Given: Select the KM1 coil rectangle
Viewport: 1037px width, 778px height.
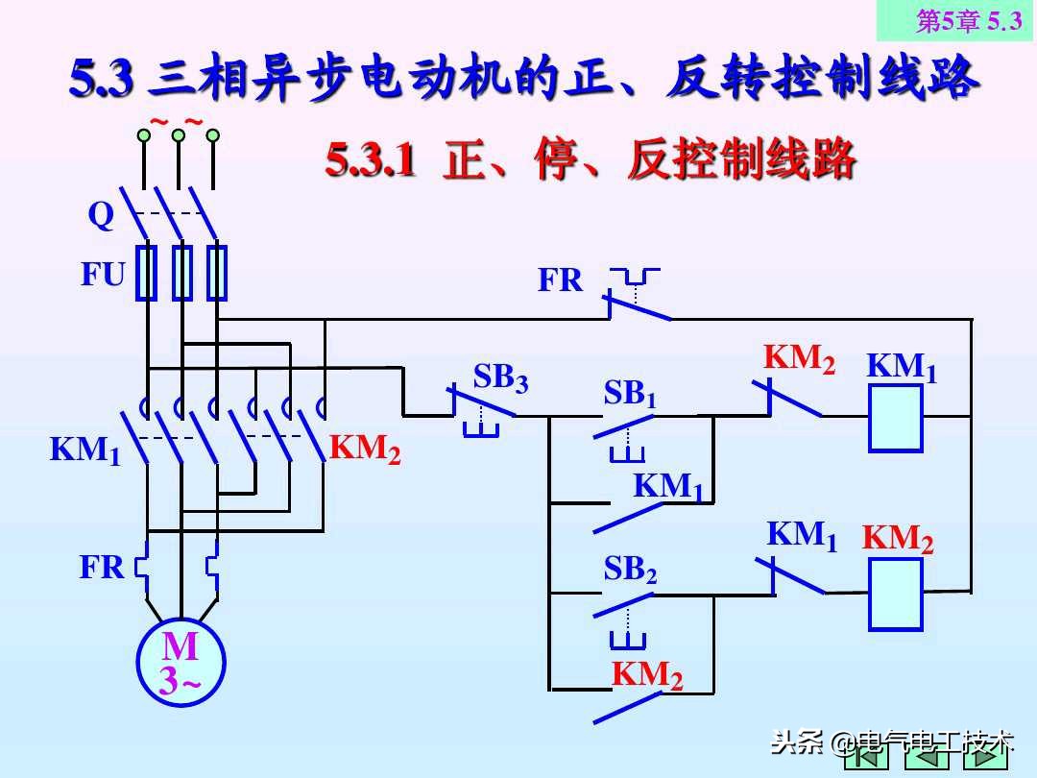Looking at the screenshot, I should coord(895,418).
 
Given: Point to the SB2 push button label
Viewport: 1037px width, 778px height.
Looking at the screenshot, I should coord(630,571).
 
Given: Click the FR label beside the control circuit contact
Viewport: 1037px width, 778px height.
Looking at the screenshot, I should coord(560,280).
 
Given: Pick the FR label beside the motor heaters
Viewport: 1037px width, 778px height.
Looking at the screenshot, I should coord(102,568).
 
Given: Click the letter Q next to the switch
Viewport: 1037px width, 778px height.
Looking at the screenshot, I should coord(101,216).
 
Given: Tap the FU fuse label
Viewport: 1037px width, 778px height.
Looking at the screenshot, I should coord(103,276).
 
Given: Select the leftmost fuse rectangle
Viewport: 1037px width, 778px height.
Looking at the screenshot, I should coord(146,273).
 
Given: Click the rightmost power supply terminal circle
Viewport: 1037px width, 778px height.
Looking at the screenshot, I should coord(212,135).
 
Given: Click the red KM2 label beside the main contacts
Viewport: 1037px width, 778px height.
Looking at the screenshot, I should coord(365,449).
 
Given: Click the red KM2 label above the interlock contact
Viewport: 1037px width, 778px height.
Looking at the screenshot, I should coord(799,359).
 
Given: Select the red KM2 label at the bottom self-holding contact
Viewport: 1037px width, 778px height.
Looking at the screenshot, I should coord(647,675).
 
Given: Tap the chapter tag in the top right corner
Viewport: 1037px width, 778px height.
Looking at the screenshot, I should coord(955,20).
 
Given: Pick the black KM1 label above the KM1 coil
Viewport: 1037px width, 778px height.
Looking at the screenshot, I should coord(902,367).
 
